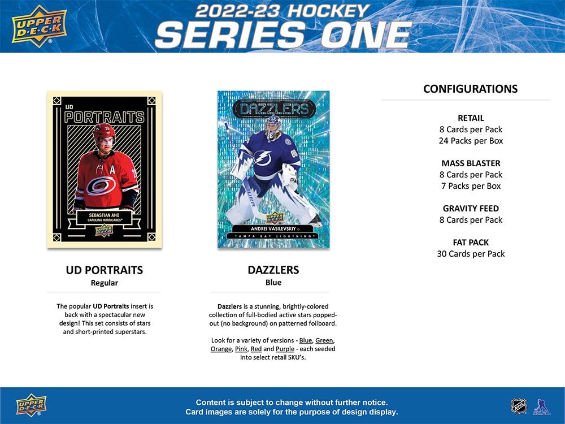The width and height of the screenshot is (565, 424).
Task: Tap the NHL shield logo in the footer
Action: [518, 405]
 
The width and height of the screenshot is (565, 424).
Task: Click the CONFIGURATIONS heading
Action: [470, 89]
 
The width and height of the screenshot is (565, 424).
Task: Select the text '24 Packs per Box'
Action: [471, 141]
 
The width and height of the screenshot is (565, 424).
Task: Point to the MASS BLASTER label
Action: [471, 163]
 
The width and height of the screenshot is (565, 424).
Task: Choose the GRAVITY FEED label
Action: [471, 209]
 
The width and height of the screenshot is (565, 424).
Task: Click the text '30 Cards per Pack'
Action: [471, 254]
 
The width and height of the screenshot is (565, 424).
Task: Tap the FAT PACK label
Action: [471, 243]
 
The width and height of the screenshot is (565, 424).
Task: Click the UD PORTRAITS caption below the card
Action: [104, 270]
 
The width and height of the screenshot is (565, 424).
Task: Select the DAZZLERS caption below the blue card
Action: [273, 270]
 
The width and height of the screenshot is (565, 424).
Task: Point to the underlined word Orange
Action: [221, 349]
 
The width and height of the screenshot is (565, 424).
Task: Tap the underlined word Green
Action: [324, 340]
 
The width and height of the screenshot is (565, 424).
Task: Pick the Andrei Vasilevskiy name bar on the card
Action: [273, 227]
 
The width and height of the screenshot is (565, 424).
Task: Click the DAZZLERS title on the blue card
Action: [273, 109]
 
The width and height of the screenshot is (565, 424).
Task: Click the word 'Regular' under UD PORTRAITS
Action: [104, 283]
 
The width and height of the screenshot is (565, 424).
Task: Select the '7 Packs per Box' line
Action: [471, 186]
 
